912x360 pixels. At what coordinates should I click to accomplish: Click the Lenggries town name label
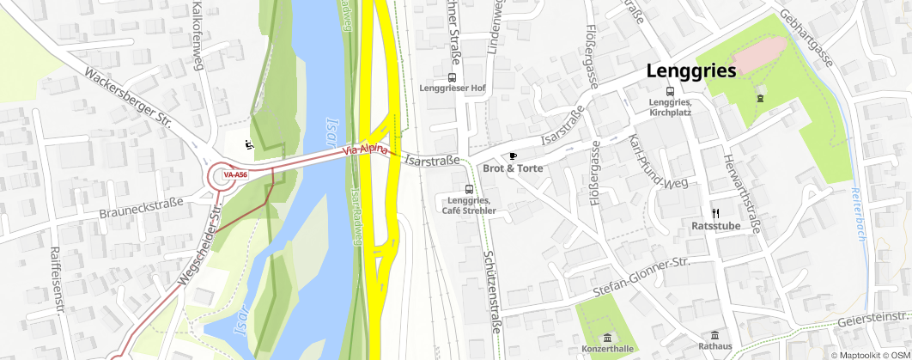click(691, 71)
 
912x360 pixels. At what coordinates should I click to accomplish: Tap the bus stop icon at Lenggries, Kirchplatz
click(670, 91)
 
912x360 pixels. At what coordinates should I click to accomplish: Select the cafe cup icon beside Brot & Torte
click(513, 156)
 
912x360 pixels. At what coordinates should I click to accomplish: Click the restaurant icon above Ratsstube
click(714, 213)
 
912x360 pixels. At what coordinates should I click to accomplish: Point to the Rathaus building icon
click(714, 335)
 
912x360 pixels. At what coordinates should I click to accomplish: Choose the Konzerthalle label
click(608, 349)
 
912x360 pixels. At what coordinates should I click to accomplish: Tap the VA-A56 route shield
click(234, 175)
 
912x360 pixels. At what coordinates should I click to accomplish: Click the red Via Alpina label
click(365, 149)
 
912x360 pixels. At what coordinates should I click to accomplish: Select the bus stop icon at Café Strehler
click(468, 189)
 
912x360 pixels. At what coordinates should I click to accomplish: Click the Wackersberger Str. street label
click(130, 101)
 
